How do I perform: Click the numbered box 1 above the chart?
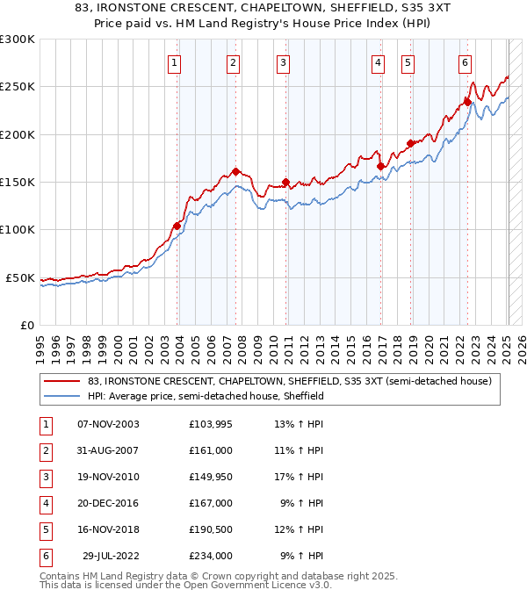(175, 62)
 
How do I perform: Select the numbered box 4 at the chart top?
(377, 62)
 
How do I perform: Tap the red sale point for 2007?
(235, 171)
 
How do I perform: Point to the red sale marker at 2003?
(177, 226)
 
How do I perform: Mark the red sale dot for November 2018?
(410, 143)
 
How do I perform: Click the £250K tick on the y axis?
(18, 87)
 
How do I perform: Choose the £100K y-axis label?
(18, 229)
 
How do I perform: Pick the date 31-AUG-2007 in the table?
(108, 450)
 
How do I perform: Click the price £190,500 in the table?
(210, 529)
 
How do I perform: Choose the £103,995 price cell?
(210, 424)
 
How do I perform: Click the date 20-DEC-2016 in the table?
(108, 503)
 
